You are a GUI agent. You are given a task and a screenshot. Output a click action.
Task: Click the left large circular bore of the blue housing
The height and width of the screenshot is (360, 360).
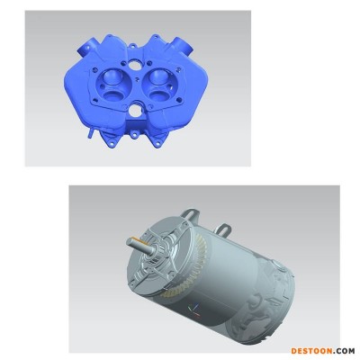point(111,85)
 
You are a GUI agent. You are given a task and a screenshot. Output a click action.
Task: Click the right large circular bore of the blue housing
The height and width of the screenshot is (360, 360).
point(159,85)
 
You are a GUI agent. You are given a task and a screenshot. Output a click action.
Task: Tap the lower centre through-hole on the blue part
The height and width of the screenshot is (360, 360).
point(134,111)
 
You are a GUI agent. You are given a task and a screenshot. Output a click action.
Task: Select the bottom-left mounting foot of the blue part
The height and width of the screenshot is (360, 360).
point(110,140)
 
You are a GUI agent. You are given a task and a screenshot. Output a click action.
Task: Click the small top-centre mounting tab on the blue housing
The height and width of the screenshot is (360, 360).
point(132,46)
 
